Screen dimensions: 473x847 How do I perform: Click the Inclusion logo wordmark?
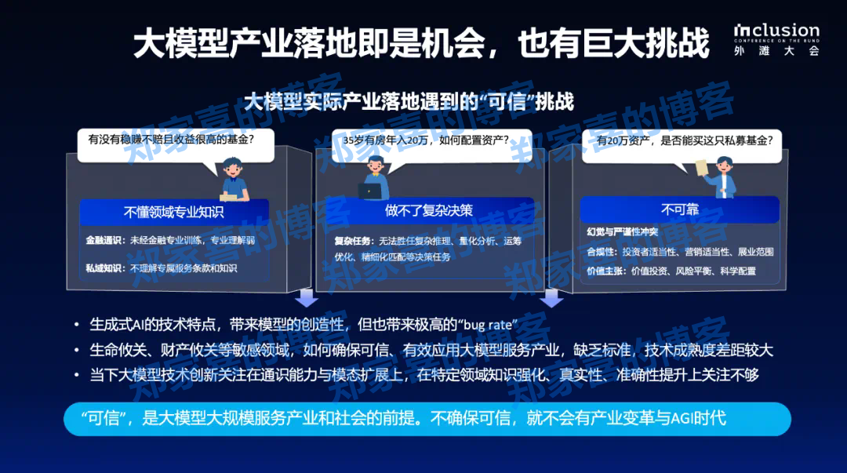pyautogui.click(x=776, y=31)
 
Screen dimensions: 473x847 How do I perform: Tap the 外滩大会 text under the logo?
pyautogui.click(x=776, y=51)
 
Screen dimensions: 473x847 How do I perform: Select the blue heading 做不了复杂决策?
pyautogui.click(x=429, y=210)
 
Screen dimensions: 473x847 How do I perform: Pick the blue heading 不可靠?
pyautogui.click(x=679, y=209)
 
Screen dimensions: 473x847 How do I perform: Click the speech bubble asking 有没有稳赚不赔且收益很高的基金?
pyautogui.click(x=171, y=140)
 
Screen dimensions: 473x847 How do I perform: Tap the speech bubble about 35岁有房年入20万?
pyautogui.click(x=426, y=140)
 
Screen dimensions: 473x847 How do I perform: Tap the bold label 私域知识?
pyautogui.click(x=105, y=268)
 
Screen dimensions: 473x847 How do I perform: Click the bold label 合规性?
pyautogui.click(x=602, y=252)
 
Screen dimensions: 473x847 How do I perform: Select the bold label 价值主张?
pyautogui.click(x=606, y=271)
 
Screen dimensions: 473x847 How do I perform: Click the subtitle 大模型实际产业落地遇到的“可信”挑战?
pyautogui.click(x=409, y=101)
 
